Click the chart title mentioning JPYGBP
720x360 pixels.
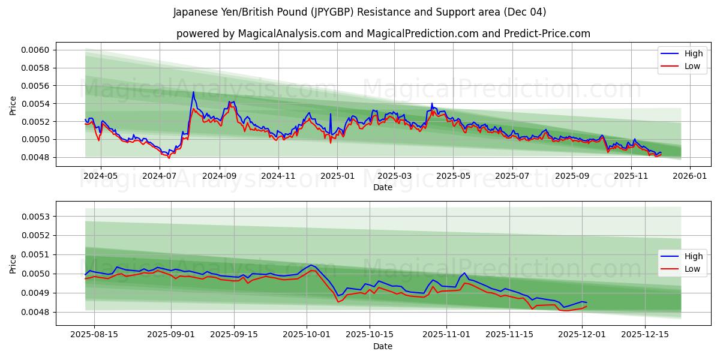tap(359, 12)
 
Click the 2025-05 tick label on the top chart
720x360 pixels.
tap(453, 176)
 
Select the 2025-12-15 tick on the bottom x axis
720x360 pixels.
tap(645, 335)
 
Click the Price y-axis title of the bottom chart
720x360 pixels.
tap(13, 263)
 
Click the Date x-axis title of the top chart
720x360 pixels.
tap(383, 187)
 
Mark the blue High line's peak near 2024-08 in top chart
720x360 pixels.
tap(193, 92)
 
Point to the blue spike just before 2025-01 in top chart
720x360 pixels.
tap(330, 114)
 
